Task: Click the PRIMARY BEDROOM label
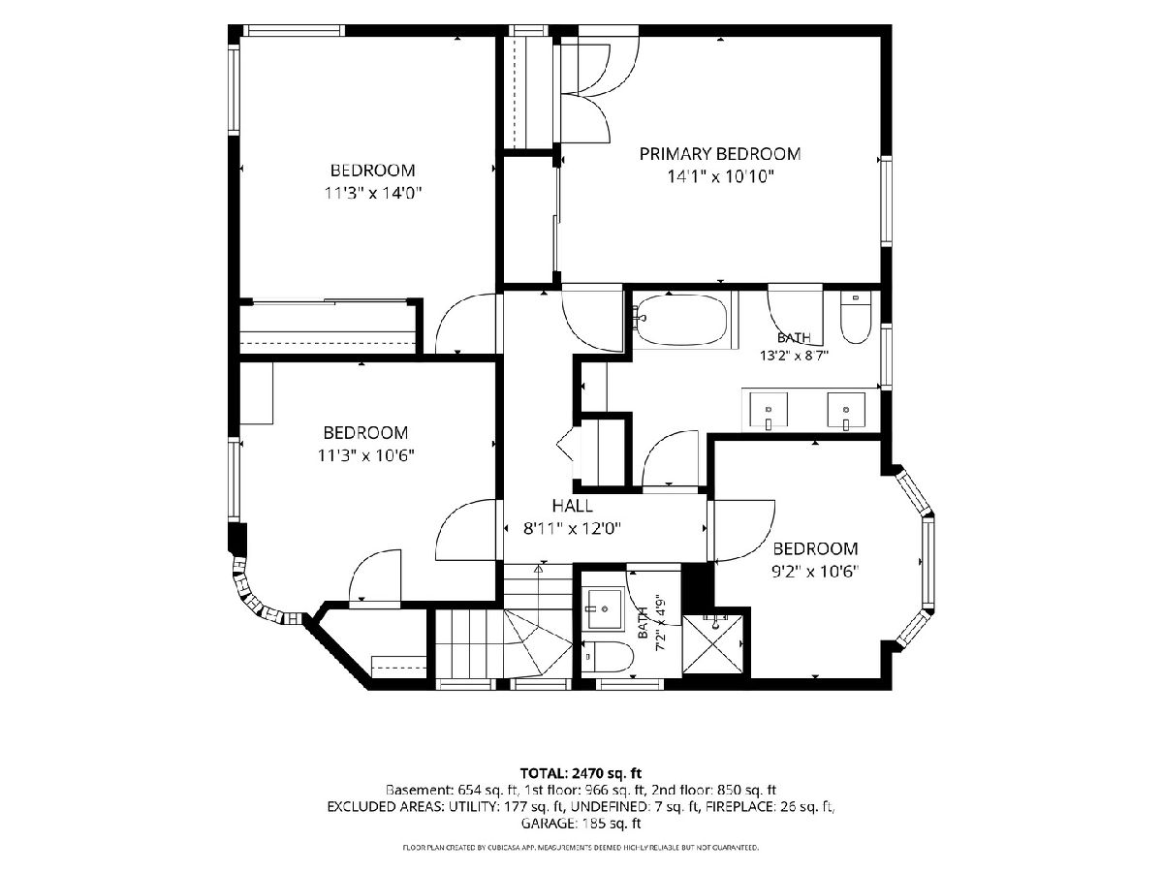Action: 719,154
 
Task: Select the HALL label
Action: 572,506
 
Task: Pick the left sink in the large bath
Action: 769,410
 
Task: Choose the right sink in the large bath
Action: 846,410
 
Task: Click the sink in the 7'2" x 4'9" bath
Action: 604,608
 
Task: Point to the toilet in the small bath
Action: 609,657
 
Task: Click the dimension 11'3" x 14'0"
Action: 372,193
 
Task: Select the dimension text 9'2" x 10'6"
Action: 815,572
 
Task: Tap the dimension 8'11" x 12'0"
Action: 572,528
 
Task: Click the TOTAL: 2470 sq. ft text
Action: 581,773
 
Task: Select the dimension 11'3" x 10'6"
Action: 365,455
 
